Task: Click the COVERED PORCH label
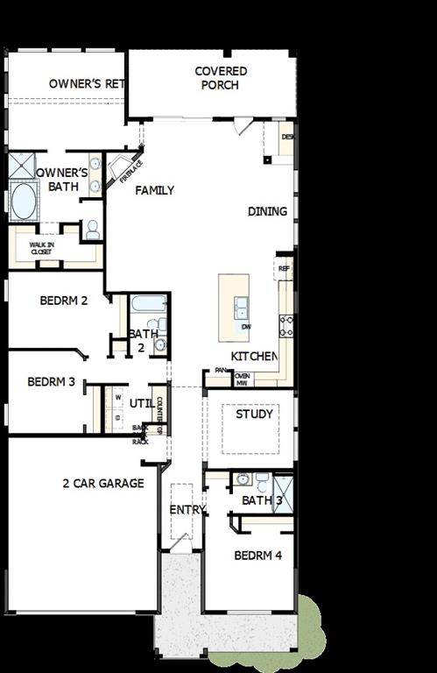221,78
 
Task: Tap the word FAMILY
154,190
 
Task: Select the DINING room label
267,211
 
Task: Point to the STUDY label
255,414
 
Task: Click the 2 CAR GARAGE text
103,483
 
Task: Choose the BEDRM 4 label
257,556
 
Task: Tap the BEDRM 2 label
64,301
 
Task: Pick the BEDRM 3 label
52,381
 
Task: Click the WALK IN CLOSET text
41,248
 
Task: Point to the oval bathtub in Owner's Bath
23,200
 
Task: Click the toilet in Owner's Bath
92,230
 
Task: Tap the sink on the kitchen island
240,307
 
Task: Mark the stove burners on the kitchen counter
285,326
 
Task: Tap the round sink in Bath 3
242,479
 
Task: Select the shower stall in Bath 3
284,490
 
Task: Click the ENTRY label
187,509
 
